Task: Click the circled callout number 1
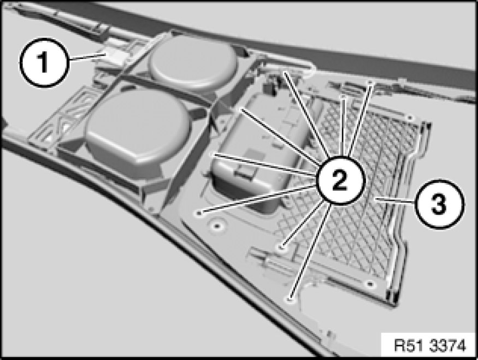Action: [44, 62]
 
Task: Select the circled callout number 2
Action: [340, 180]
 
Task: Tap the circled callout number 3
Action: [440, 204]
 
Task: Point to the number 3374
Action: [448, 345]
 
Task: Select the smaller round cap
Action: [193, 61]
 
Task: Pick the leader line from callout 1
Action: [87, 56]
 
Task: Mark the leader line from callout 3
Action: [396, 200]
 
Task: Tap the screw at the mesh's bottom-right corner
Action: [370, 284]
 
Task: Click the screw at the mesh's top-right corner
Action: [410, 117]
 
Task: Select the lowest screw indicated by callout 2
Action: [290, 299]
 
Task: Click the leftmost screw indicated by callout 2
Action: [199, 213]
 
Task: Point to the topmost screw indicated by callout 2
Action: [285, 72]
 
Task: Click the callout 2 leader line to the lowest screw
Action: [309, 251]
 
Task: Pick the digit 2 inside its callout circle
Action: [340, 180]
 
